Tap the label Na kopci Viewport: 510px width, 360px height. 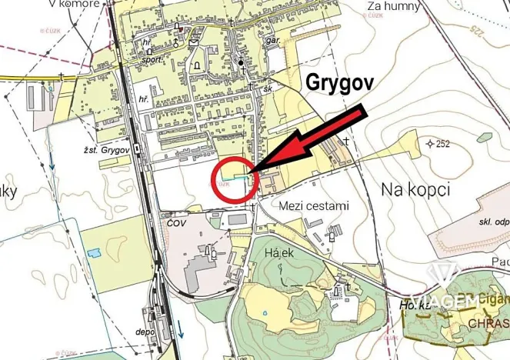[x=415, y=188]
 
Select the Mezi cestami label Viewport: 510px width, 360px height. [x=314, y=206]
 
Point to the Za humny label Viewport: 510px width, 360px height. [x=395, y=7]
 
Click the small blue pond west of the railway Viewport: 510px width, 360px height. [x=93, y=253]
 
